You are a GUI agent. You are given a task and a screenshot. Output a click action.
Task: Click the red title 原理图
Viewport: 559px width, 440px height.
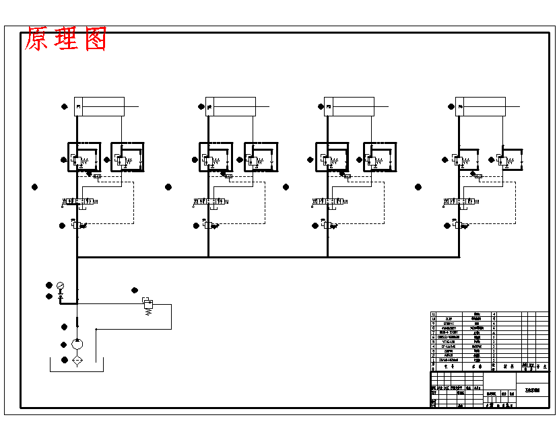[x=66, y=40]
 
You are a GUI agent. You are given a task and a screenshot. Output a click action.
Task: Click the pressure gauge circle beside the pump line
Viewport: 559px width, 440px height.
[x=61, y=285]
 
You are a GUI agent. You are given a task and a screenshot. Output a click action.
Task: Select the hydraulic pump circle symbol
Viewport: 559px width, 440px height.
[x=77, y=344]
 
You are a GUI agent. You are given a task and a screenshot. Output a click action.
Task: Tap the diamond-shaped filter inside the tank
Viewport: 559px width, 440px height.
[x=77, y=361]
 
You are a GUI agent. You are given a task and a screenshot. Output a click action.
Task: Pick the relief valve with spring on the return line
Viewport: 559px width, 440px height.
[x=147, y=303]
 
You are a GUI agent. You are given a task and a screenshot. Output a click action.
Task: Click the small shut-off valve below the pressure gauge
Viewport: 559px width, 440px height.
[x=61, y=296]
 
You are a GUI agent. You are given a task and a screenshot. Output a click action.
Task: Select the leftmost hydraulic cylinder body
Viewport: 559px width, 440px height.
[x=100, y=106]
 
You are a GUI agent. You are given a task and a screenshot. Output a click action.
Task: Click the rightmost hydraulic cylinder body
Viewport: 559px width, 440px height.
[x=481, y=106]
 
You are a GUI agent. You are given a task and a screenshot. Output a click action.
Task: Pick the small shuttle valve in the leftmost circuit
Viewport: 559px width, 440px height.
[x=97, y=176]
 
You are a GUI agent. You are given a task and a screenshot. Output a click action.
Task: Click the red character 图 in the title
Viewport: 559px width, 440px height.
[x=94, y=40]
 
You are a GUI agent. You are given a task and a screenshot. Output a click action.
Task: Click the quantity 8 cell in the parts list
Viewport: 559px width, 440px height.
[x=495, y=319]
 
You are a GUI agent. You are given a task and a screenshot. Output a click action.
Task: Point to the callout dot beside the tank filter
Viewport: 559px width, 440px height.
[x=65, y=360]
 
